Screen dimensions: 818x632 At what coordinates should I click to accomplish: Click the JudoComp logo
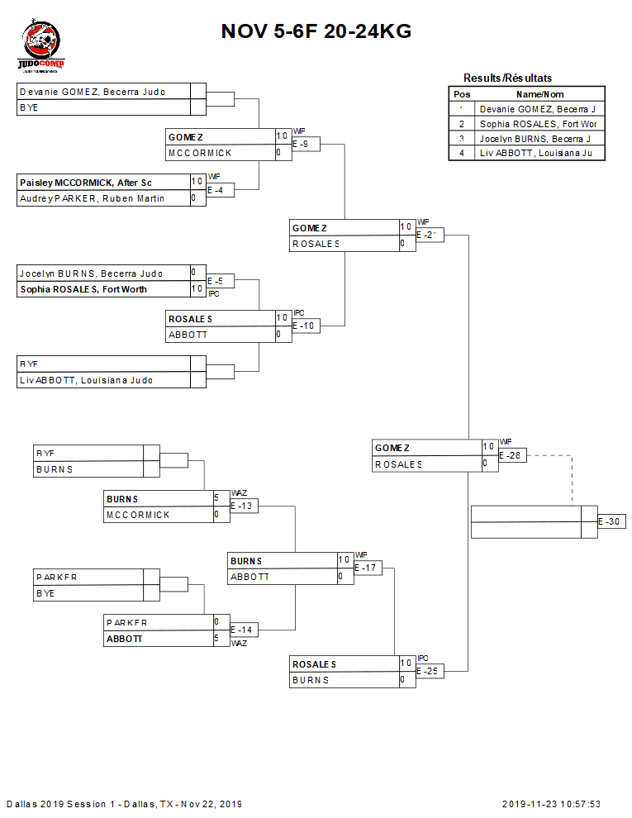(40, 46)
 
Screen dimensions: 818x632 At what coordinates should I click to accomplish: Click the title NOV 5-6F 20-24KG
(316, 31)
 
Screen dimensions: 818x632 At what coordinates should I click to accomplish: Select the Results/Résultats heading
(507, 78)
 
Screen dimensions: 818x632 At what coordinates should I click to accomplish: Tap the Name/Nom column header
(539, 94)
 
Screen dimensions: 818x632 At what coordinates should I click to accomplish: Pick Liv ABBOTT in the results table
(537, 153)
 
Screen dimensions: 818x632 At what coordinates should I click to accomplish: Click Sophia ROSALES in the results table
(537, 123)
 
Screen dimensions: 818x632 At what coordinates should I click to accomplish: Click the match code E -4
(216, 191)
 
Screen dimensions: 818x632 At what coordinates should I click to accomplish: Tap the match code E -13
(241, 506)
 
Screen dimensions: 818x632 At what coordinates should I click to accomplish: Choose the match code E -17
(367, 568)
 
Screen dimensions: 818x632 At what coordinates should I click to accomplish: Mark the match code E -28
(512, 455)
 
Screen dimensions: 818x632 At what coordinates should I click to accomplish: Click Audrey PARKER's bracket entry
(91, 198)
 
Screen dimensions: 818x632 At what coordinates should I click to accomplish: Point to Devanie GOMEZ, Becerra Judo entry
(92, 92)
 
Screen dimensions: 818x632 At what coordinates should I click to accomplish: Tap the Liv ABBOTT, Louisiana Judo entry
(86, 380)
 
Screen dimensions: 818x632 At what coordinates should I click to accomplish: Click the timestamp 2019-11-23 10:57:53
(551, 804)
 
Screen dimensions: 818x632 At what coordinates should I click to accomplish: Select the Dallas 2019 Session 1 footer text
(124, 804)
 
